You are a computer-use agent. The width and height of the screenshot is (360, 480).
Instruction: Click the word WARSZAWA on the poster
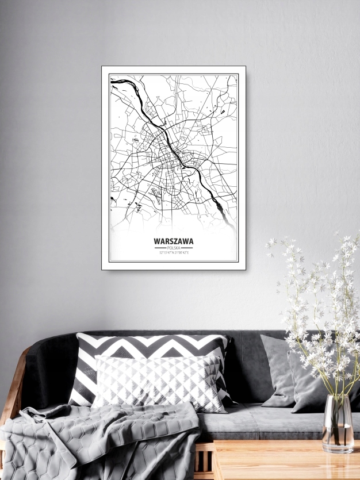coord(174,241)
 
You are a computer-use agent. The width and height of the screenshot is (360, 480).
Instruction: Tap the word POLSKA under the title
coord(174,248)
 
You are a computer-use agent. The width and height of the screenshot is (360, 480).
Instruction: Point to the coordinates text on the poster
coord(174,252)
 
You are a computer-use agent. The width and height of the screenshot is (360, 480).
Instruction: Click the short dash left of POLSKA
coord(160,248)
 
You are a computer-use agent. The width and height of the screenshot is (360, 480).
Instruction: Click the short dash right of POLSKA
coord(187,248)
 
